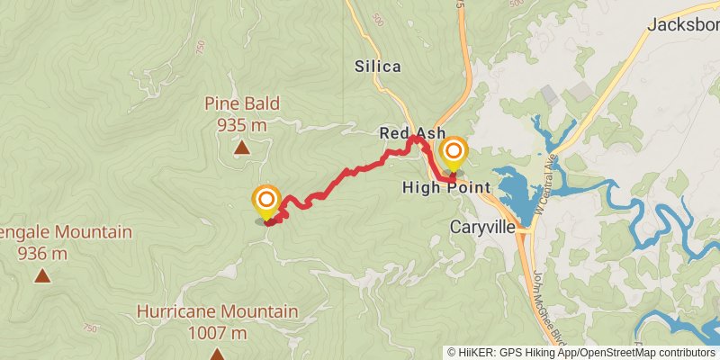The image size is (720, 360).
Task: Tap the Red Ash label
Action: [412, 132]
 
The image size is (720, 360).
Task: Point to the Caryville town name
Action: [482, 227]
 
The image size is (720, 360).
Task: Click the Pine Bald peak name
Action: [241, 103]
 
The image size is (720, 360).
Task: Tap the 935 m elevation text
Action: [241, 125]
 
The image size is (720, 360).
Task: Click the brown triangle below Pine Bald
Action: [241, 148]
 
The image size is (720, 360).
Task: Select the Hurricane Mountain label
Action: [217, 311]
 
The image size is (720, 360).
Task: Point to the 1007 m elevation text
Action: [217, 333]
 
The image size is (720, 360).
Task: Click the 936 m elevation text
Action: [41, 254]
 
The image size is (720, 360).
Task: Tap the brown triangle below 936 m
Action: [41, 275]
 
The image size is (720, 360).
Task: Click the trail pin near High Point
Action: [453, 153]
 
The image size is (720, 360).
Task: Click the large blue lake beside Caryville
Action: [508, 189]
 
